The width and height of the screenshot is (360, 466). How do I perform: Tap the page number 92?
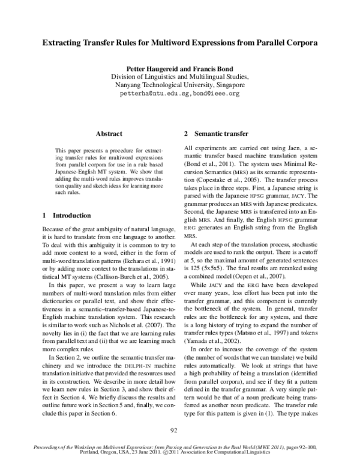179,429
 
